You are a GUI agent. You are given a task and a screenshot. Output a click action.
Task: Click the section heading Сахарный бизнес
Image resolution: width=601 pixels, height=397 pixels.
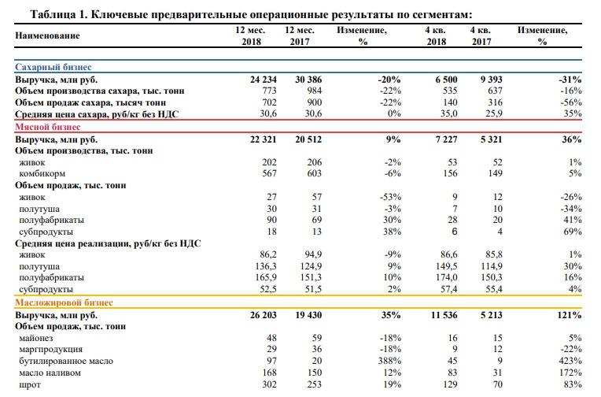(x=51, y=69)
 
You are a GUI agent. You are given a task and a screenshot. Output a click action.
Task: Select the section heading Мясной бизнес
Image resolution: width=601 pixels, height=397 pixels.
(x=46, y=126)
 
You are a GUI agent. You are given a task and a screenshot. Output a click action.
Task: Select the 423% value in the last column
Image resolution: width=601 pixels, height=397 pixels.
(x=569, y=361)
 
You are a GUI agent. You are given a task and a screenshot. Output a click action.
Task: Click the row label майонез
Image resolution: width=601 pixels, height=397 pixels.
(x=37, y=338)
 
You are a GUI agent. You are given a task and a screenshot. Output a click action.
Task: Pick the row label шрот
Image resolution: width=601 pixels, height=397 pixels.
(x=31, y=384)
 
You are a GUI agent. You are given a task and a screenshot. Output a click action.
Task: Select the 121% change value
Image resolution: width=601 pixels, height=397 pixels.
(x=566, y=315)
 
